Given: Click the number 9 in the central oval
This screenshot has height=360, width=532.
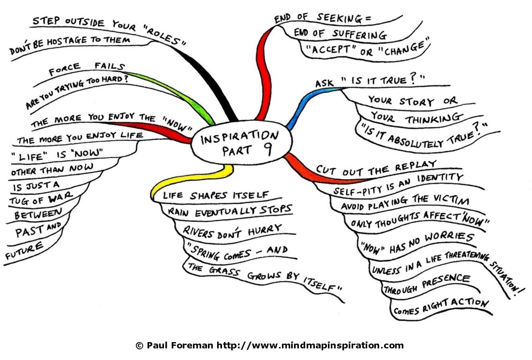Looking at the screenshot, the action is [x=268, y=149].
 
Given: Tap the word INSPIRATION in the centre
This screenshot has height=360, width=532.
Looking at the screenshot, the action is [x=239, y=136].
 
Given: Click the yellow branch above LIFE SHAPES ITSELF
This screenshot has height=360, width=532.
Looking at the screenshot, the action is [x=190, y=178].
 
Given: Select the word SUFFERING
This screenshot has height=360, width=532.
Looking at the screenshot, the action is [x=359, y=34].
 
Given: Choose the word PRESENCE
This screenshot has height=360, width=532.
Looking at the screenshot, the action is [x=446, y=281].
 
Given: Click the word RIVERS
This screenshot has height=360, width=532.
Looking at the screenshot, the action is [x=198, y=232].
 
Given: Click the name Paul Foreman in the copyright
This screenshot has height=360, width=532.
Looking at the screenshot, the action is [x=180, y=346].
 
